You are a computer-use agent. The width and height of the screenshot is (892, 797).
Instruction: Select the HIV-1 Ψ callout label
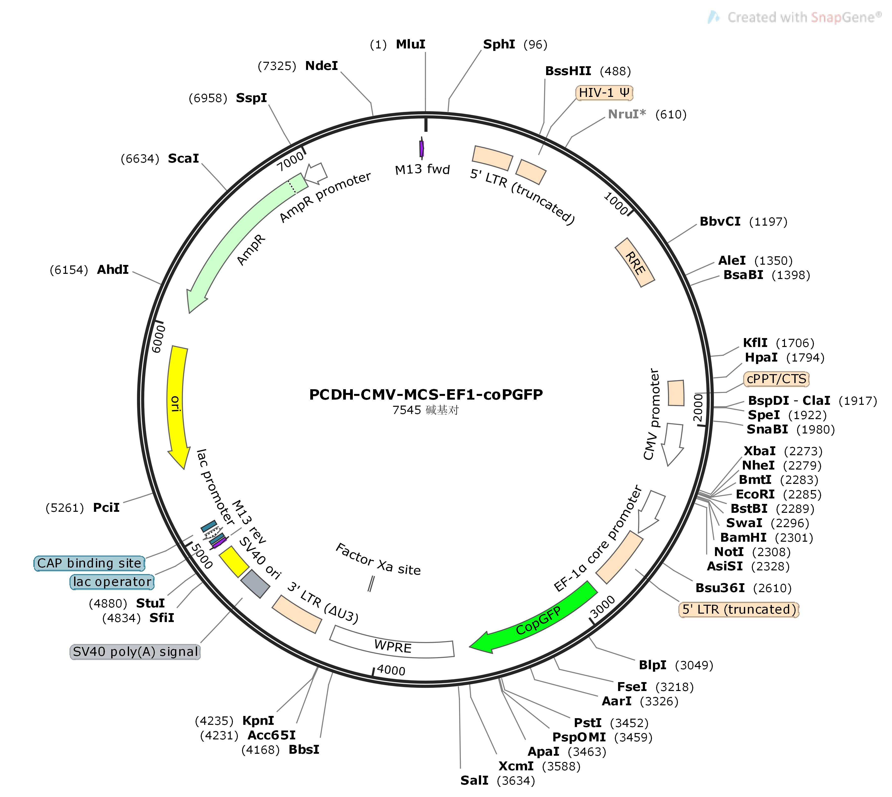click(604, 93)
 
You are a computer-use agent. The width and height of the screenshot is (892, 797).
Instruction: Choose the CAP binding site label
click(89, 563)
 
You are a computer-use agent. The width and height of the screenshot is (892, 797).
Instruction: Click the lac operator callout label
click(112, 582)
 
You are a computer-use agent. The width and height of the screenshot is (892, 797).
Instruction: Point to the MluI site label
click(410, 44)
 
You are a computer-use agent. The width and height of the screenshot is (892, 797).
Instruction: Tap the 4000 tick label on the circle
click(391, 670)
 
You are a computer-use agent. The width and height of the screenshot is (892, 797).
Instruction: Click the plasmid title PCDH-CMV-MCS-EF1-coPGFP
click(426, 395)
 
